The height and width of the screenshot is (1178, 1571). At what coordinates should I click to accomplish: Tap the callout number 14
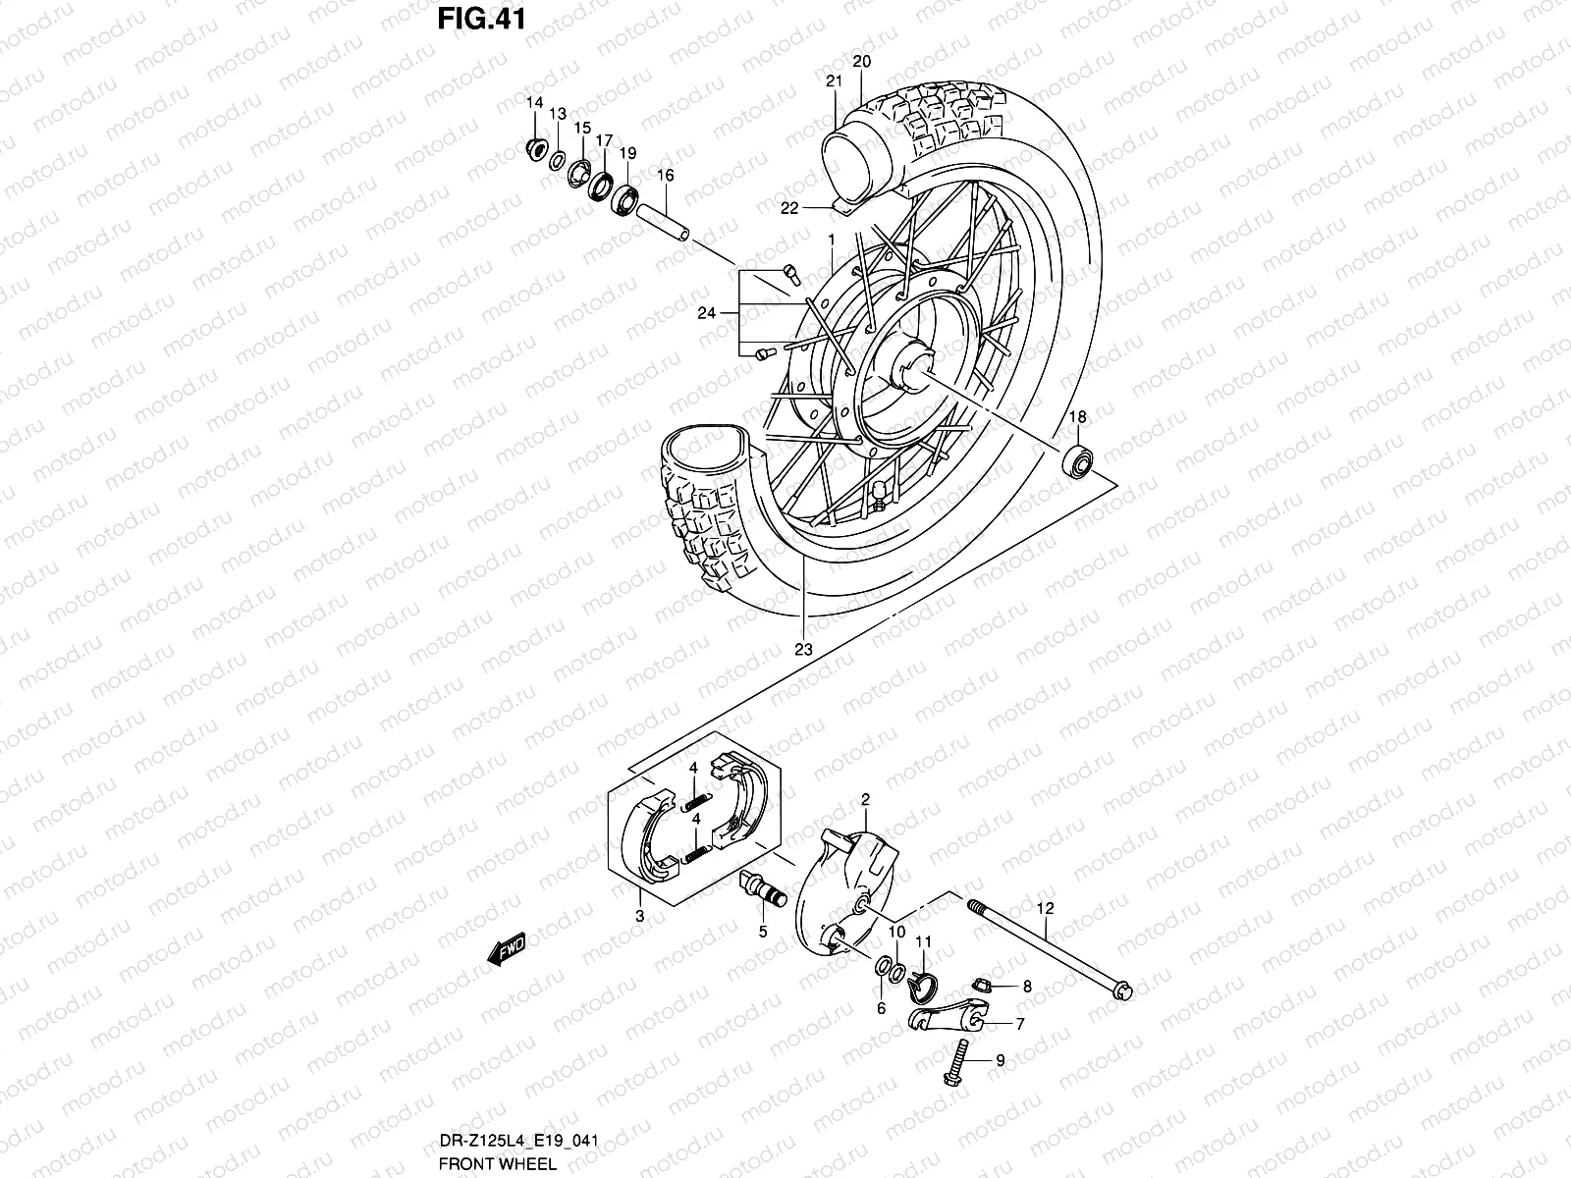coord(534,104)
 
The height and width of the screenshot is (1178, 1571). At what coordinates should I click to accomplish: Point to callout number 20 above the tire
coord(861,61)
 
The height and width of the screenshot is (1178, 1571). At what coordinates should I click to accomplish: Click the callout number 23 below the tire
coord(804,650)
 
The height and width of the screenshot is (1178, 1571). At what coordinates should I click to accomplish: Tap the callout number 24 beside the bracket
coord(705,313)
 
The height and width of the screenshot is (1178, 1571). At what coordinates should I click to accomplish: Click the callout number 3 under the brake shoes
coord(639,916)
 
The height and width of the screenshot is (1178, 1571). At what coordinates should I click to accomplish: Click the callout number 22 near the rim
coord(790,207)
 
